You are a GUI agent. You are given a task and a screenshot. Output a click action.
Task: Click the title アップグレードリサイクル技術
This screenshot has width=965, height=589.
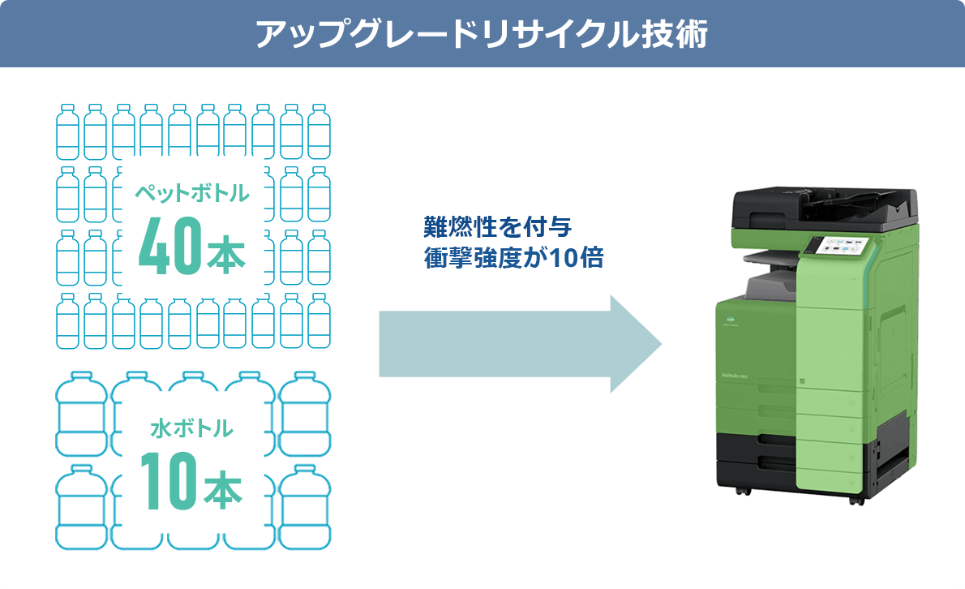pos(482,35)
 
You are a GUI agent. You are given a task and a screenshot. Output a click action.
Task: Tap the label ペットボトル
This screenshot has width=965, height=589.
pos(191,193)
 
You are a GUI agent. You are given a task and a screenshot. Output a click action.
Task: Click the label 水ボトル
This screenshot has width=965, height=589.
pos(191,428)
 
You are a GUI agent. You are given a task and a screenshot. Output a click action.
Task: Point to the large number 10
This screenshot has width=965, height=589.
pos(168,480)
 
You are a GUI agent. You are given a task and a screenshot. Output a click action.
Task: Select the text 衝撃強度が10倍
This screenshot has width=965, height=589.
pos(513,259)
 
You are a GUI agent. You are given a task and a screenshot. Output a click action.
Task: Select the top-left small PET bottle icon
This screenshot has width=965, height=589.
pos(67,131)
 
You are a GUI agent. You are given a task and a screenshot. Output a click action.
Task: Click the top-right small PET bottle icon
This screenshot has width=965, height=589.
pos(319,131)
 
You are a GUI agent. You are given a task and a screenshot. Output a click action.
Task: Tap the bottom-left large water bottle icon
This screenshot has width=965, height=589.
pos(81,506)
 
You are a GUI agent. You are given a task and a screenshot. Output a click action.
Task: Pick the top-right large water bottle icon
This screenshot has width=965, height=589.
pos(304,412)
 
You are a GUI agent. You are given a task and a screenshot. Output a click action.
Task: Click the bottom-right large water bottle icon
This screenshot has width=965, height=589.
pos(304,506)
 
